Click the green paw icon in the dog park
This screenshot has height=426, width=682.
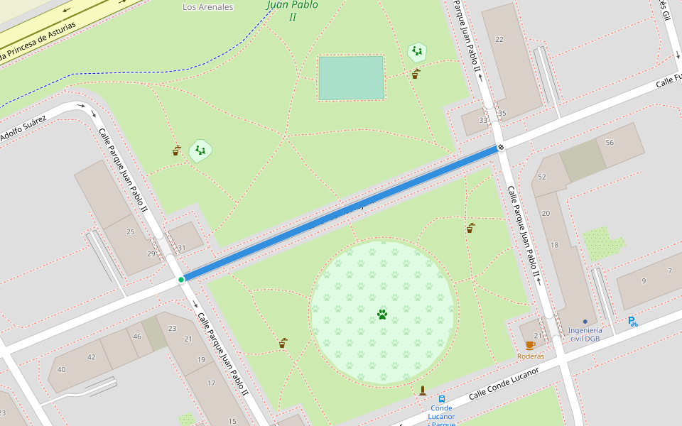pos(382,314)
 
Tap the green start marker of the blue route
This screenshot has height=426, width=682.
pos(181,280)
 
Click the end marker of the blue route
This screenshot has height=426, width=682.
pos(501,148)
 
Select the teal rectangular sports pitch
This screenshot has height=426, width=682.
pos(351,78)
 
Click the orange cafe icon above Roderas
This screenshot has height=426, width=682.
pos(530,345)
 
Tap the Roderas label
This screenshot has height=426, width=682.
pos(531,356)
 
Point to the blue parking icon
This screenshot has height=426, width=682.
pos(632,322)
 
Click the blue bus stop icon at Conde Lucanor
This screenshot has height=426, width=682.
pos(442,399)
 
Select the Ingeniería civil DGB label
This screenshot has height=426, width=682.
pos(585,334)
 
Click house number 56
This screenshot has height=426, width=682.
pos(610,143)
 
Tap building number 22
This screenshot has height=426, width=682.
pos(499,39)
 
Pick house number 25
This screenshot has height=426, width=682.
pos(130,231)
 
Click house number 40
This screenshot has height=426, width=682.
pos(61,369)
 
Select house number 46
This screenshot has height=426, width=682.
pos(136,337)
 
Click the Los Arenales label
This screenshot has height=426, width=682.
pos(207,7)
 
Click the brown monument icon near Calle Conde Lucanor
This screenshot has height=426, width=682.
pos(423,390)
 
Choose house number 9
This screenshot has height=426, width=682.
pos(644,280)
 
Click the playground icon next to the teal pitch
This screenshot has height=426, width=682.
pos(417,51)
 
